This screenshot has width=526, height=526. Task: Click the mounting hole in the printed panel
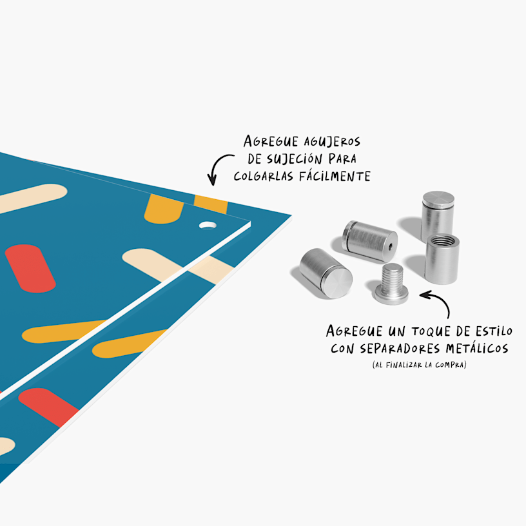(208, 226)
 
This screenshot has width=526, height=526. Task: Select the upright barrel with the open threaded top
(442, 257)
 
